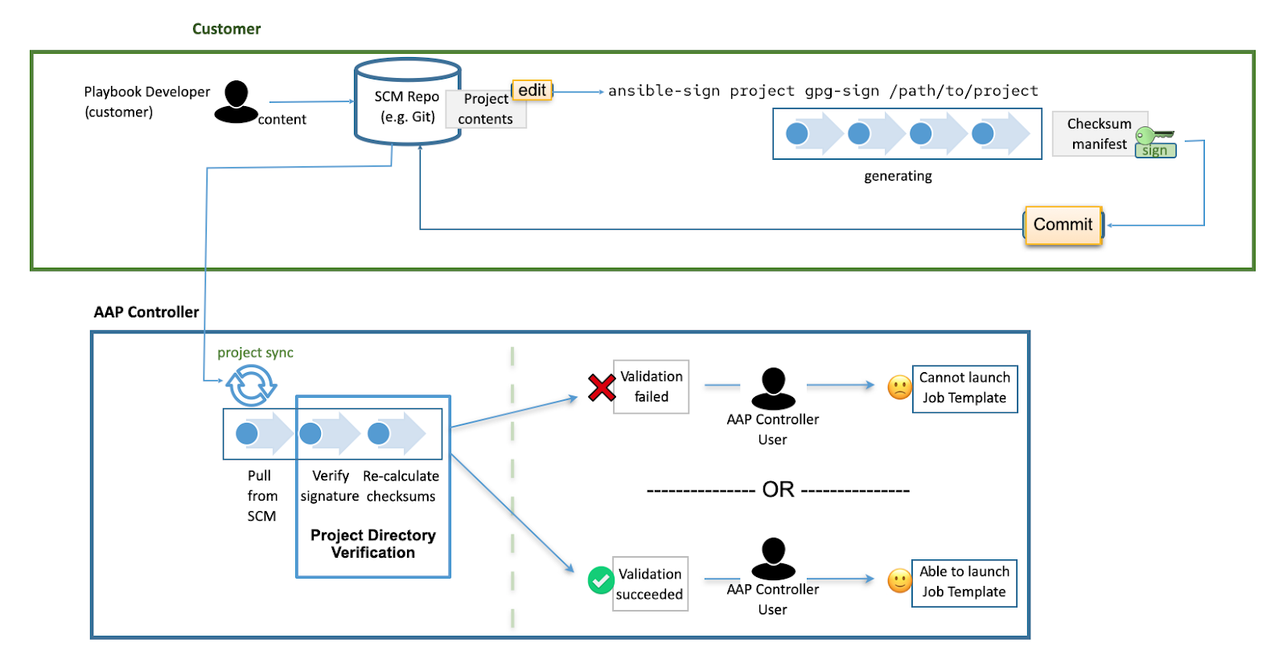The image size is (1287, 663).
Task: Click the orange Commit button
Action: pos(1063,225)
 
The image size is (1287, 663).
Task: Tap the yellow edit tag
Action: pos(532,90)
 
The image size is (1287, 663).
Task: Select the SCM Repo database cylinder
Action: pos(407,102)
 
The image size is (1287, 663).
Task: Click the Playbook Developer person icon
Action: pos(236,102)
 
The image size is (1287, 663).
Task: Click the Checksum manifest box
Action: pos(1099,134)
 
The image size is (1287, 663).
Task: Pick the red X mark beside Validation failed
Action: pos(601,387)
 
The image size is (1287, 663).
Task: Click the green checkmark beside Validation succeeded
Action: pos(601,580)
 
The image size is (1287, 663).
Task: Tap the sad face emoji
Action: pos(899,387)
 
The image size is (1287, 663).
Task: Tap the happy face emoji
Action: pos(899,580)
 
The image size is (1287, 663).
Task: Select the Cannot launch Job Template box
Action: pos(964,388)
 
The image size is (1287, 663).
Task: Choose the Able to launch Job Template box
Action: pos(964,583)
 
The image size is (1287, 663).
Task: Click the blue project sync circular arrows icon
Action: pos(251,386)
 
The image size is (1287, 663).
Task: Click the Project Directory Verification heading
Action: pos(373,544)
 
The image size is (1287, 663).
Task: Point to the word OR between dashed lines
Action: pos(778,489)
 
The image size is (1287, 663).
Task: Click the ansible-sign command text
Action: pos(822,91)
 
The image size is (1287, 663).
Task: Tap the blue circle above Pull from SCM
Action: pos(247,434)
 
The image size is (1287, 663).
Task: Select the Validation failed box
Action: pos(651,387)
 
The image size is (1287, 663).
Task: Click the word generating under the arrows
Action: pos(898,176)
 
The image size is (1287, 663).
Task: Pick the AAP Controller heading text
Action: pos(146,312)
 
